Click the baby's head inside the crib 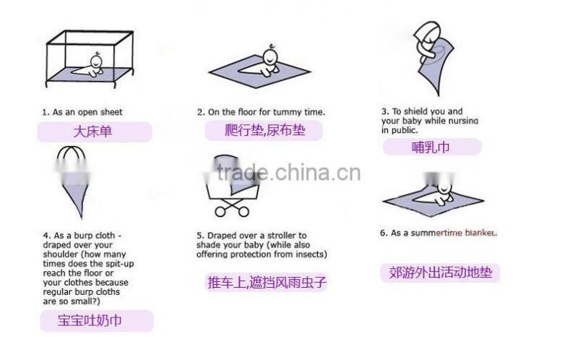pyautogui.click(x=97, y=61)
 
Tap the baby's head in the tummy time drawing pyautogui.click(x=270, y=56)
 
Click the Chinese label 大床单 pyautogui.click(x=92, y=132)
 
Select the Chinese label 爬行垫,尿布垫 pyautogui.click(x=265, y=130)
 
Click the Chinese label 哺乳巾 pyautogui.click(x=431, y=147)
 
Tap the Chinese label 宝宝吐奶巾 pyautogui.click(x=90, y=320)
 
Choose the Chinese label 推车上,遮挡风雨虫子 pyautogui.click(x=267, y=282)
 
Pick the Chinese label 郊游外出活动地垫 pyautogui.click(x=441, y=273)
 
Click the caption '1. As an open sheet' pyautogui.click(x=82, y=112)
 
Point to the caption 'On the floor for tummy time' pyautogui.click(x=265, y=112)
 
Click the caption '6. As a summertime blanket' pyautogui.click(x=439, y=233)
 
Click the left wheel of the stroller pyautogui.click(x=220, y=211)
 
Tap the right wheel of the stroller pyautogui.click(x=243, y=211)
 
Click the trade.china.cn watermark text pyautogui.click(x=288, y=173)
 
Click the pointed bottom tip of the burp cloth pyautogui.click(x=81, y=217)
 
